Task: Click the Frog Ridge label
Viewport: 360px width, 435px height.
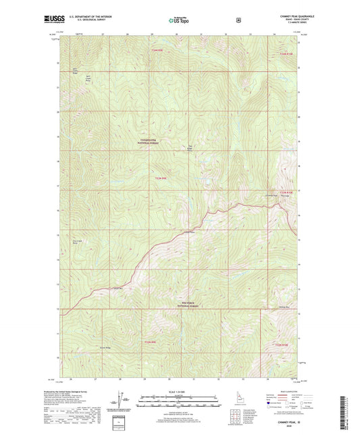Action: tap(190, 147)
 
